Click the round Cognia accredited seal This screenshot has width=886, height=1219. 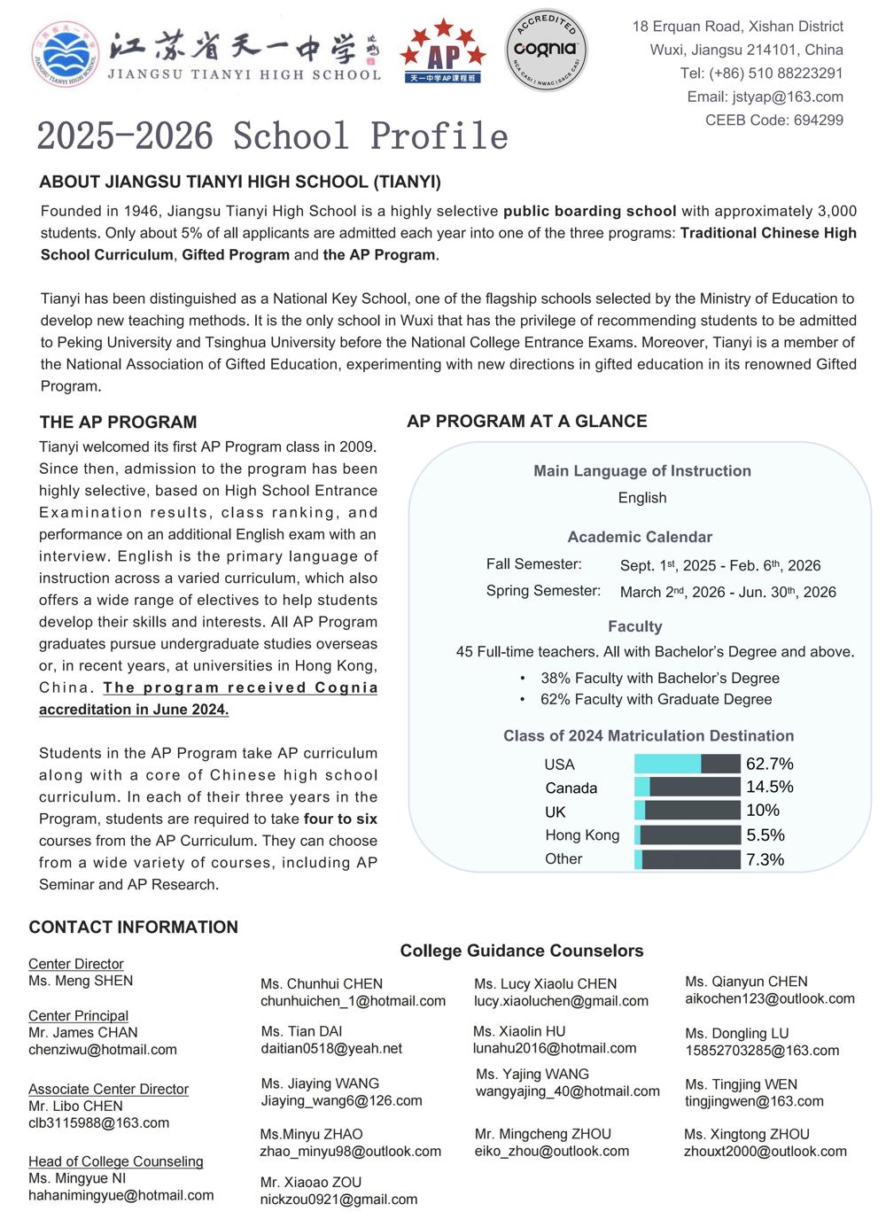tap(546, 49)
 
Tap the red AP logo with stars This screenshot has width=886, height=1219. tap(442, 53)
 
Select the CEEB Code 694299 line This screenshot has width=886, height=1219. tap(773, 120)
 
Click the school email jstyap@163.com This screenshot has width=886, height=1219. tap(765, 97)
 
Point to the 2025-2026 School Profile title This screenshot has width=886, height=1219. tap(272, 136)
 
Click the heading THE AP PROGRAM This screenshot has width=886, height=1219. tap(118, 423)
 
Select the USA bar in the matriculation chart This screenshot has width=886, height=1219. tap(687, 764)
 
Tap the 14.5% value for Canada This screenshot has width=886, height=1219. tap(769, 787)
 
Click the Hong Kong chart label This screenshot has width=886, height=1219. tap(582, 835)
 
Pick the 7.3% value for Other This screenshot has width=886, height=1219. tap(765, 859)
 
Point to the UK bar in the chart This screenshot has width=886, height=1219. tap(687, 811)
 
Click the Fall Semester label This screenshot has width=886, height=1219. tap(533, 564)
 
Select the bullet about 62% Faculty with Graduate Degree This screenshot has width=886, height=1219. tap(656, 699)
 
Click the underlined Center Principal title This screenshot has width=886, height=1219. tap(78, 1015)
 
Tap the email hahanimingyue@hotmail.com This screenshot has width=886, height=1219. tap(120, 1195)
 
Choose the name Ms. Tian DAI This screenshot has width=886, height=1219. tap(301, 1031)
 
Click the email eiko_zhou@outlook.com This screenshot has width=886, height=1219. tap(551, 1151)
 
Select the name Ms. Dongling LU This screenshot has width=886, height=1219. tap(736, 1033)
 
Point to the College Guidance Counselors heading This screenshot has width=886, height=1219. tap(521, 951)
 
